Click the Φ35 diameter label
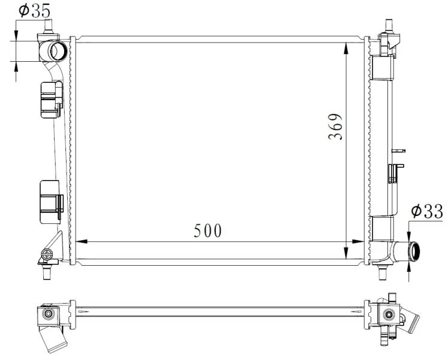pos(34,10)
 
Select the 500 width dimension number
pos(208,230)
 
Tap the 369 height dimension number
pos(335,127)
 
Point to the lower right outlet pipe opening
pos(414,251)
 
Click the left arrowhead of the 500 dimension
pos(82,242)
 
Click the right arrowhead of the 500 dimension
pos(358,242)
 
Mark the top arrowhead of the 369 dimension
pos(346,49)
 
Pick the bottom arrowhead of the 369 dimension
pos(346,253)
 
